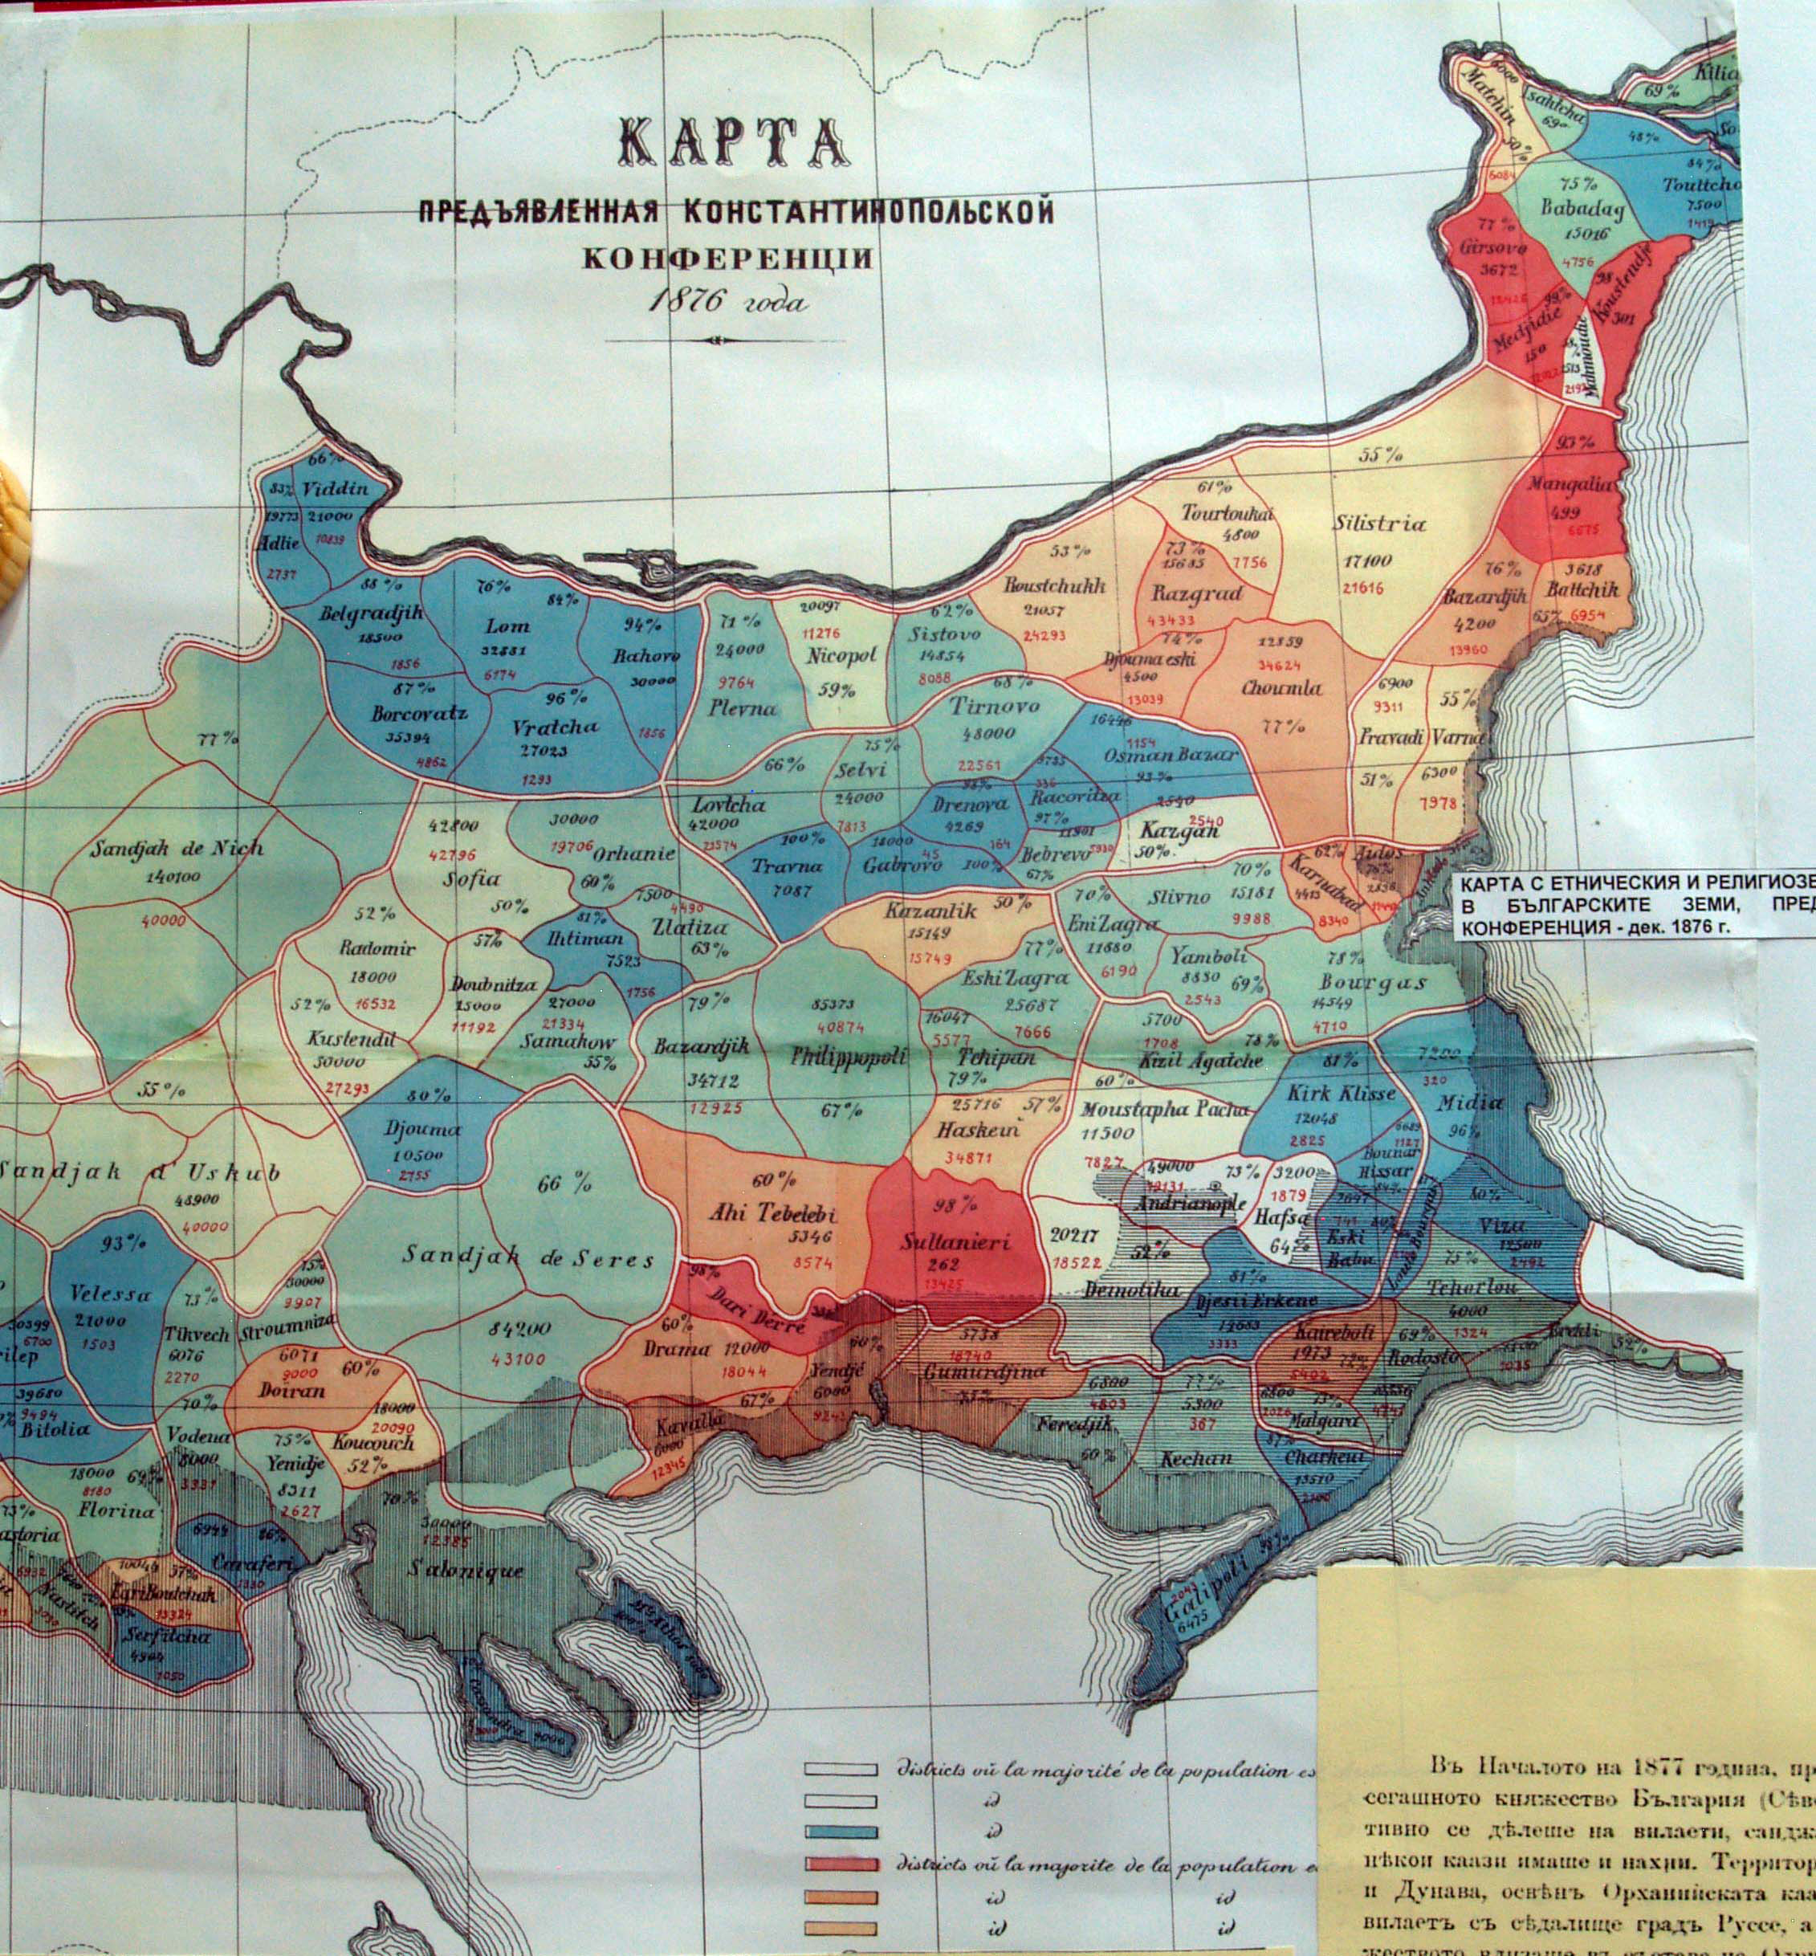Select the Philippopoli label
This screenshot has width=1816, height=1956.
[848, 1057]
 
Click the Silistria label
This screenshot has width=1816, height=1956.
[1378, 524]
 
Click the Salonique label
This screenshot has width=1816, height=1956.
[466, 1571]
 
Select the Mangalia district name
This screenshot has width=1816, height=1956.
[1570, 483]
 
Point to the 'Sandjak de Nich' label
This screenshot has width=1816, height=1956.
[177, 847]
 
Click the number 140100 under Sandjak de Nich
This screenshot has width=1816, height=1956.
[172, 876]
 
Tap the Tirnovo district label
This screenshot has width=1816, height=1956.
[993, 706]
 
